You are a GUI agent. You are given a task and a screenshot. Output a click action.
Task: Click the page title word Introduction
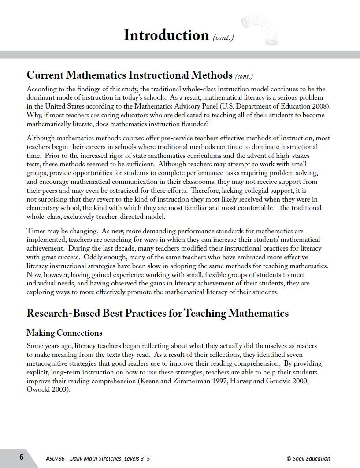pos(166,35)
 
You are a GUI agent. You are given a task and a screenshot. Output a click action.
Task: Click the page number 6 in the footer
pos(21,457)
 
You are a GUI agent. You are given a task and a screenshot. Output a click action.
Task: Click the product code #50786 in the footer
pos(56,458)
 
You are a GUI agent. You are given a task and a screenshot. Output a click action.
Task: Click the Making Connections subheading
pos(64,333)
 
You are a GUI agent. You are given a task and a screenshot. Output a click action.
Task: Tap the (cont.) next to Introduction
pos(223,37)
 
